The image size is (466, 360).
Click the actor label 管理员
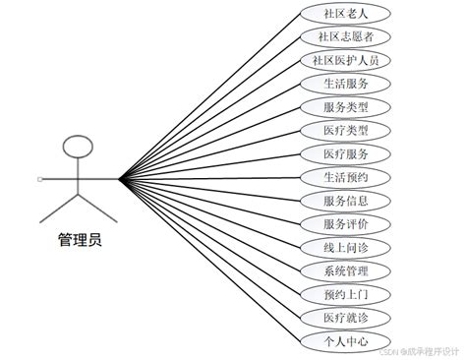(x=79, y=239)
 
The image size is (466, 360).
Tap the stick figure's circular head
(x=79, y=148)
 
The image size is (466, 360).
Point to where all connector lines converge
(x=120, y=178)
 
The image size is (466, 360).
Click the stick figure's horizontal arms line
(x=79, y=178)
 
